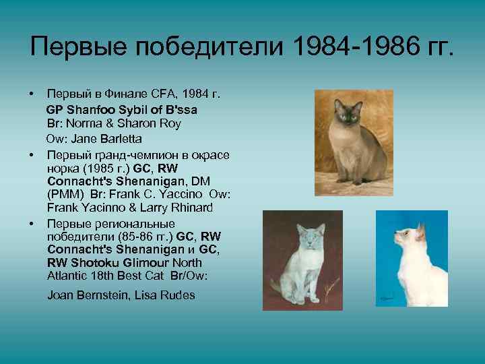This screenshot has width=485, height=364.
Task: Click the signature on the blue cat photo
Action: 387,296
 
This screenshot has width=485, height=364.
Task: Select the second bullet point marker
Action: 31,154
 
